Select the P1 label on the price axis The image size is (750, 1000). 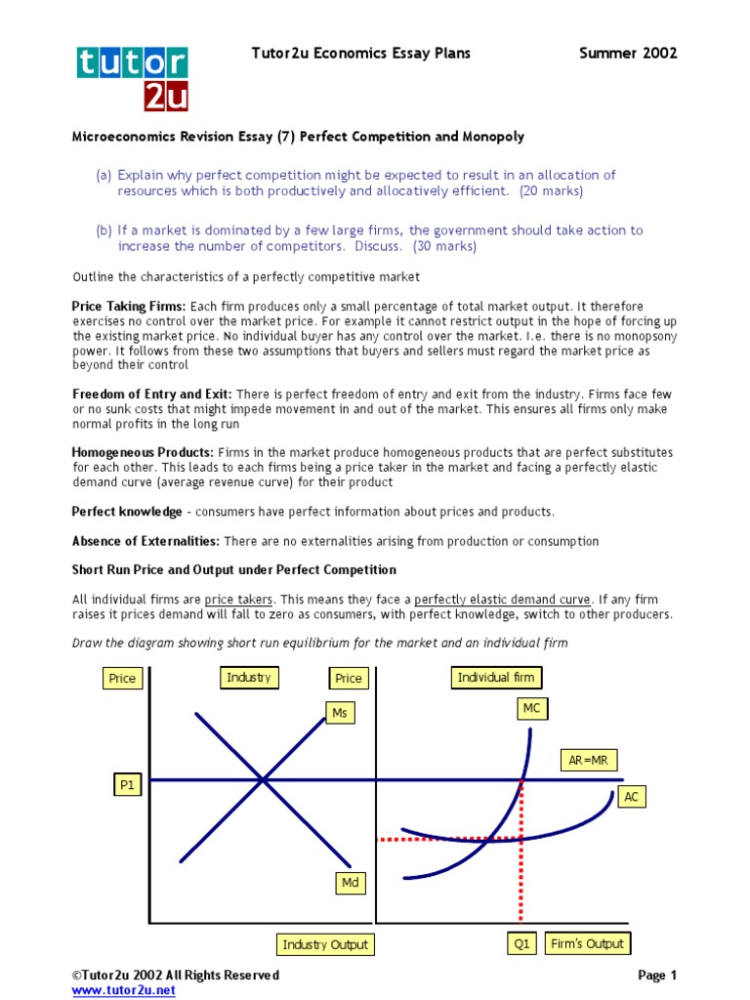(x=126, y=784)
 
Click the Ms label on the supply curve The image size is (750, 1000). (x=340, y=713)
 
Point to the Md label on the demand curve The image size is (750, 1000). (x=350, y=883)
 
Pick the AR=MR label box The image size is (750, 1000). (x=588, y=760)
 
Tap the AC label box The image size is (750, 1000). (x=631, y=797)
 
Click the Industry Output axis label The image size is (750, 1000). (x=325, y=944)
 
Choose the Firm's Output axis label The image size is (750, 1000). (x=587, y=943)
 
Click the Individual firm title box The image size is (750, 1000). (x=496, y=677)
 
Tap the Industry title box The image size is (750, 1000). (x=249, y=677)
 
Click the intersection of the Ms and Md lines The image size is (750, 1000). (x=263, y=779)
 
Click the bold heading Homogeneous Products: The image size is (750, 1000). (x=143, y=453)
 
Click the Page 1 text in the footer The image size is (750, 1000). (x=656, y=975)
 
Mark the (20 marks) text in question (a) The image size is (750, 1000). (x=551, y=191)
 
